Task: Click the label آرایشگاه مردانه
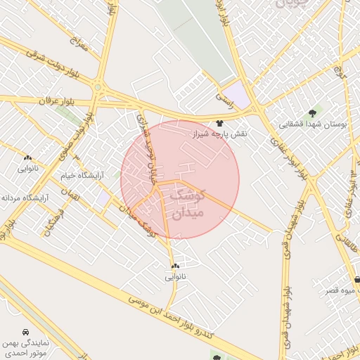pyautogui.click(x=27, y=198)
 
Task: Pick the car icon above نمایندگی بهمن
pyautogui.click(x=26, y=331)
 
